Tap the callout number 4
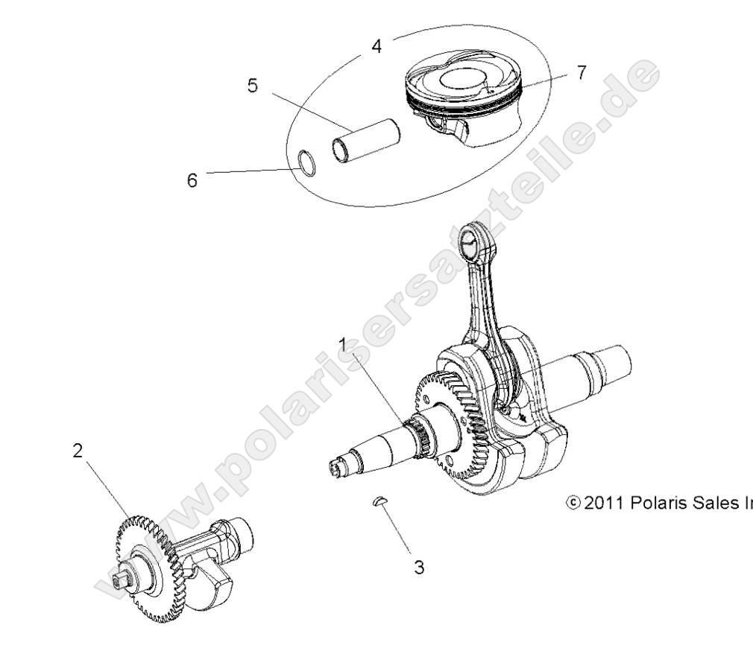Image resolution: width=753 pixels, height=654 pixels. [376, 46]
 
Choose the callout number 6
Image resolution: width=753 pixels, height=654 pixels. [192, 181]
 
